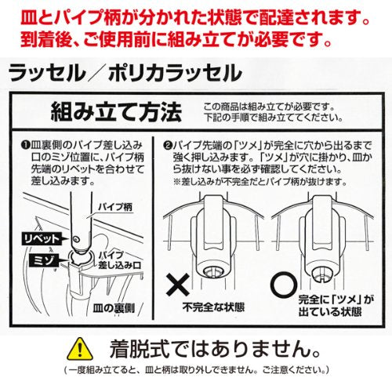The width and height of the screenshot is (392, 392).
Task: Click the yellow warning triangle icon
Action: (x=80, y=349)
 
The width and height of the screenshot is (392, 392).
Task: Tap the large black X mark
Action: (x=178, y=285)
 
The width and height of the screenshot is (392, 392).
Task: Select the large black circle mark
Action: (x=284, y=284)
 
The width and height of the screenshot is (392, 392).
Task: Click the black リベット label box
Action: (x=42, y=238)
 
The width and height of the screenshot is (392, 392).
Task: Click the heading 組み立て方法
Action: (x=116, y=111)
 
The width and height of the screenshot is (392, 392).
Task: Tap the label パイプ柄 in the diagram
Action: (x=115, y=208)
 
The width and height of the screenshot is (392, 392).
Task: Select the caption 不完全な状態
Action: (x=213, y=307)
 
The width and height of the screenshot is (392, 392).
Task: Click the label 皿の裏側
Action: (x=114, y=309)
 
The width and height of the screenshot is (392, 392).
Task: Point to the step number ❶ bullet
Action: (x=26, y=145)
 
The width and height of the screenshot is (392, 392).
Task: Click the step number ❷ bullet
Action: (x=167, y=145)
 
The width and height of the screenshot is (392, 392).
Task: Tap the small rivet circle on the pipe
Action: (x=76, y=238)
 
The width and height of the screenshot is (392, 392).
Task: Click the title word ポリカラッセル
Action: (x=175, y=73)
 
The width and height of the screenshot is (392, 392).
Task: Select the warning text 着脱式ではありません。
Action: (x=215, y=349)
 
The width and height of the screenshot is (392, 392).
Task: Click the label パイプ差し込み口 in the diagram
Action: (x=120, y=260)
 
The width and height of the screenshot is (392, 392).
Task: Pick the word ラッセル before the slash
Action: (x=47, y=73)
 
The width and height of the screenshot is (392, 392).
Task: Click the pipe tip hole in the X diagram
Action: (x=213, y=272)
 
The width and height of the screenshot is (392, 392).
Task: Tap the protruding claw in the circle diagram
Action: (x=323, y=274)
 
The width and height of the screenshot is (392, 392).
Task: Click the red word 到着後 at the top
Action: (x=45, y=39)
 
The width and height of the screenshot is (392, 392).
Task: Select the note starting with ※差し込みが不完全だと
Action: (x=260, y=182)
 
